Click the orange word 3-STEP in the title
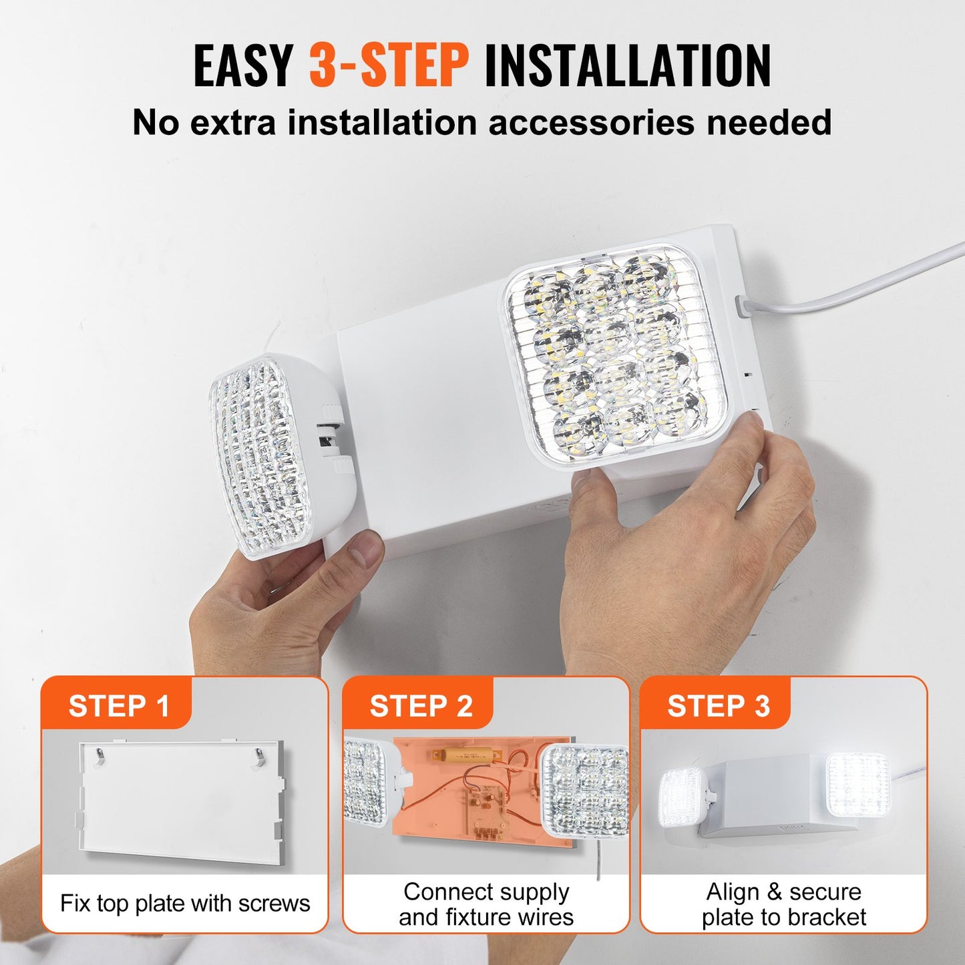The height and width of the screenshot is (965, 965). [389, 65]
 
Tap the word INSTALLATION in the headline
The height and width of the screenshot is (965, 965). [627, 65]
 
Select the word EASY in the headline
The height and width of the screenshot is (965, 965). [244, 65]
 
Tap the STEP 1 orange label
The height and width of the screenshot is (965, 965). [119, 706]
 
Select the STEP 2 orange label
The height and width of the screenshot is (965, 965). [421, 706]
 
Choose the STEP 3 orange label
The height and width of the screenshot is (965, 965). [718, 706]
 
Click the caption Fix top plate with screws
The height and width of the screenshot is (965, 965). [185, 903]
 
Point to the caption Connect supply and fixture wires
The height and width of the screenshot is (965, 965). [486, 904]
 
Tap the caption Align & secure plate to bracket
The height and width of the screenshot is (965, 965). [783, 904]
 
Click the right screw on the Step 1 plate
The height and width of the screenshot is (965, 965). [259, 755]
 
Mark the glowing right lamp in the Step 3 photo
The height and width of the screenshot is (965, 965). [858, 785]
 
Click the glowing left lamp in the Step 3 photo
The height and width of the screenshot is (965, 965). [681, 798]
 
